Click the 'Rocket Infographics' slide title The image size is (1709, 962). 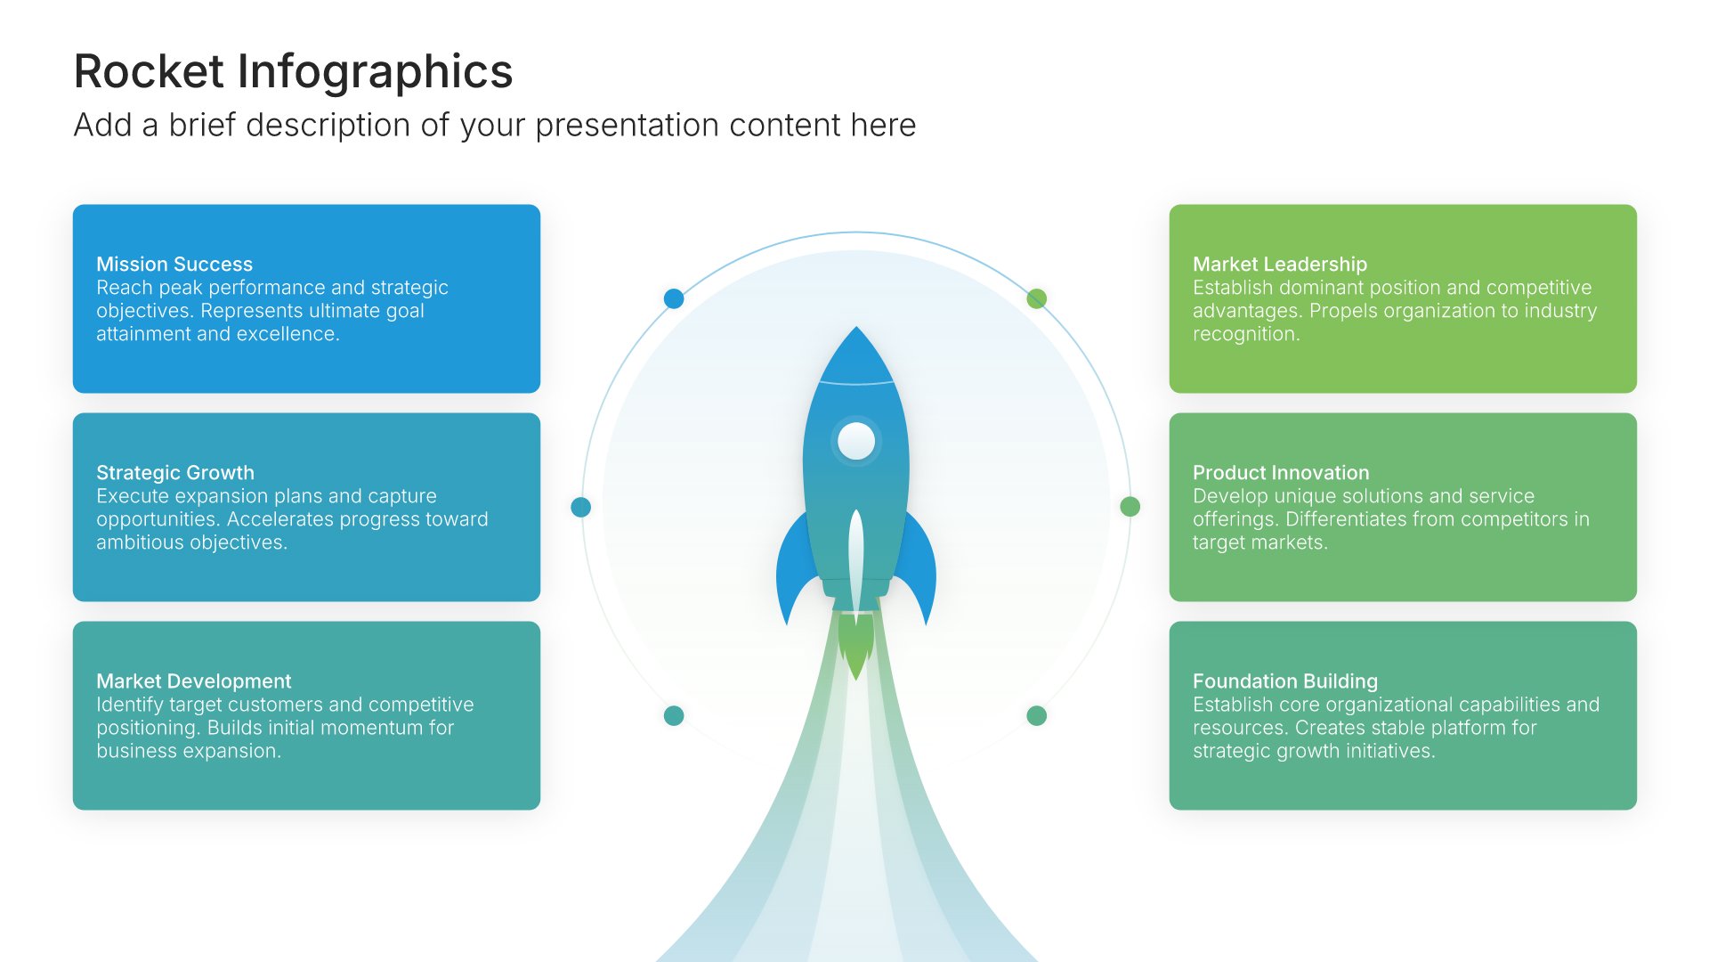[293, 72]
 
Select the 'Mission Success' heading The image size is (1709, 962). [174, 265]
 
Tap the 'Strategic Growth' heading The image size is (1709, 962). [175, 473]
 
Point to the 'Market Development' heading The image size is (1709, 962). [193, 681]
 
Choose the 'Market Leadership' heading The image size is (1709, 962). [1280, 265]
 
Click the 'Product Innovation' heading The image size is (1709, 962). [1281, 473]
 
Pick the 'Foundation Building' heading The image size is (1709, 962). [1285, 681]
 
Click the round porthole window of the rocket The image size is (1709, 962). [856, 441]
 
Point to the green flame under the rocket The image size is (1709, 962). [856, 646]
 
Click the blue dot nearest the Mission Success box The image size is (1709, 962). [674, 298]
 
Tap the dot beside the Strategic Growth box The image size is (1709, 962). [581, 507]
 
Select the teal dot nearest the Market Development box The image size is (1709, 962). [674, 715]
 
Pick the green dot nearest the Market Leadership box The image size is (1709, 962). [1037, 298]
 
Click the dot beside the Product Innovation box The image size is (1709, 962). [1130, 507]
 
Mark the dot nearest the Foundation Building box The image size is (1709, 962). [1037, 715]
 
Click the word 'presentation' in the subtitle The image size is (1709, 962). [628, 126]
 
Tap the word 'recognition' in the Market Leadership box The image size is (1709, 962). [1246, 334]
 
